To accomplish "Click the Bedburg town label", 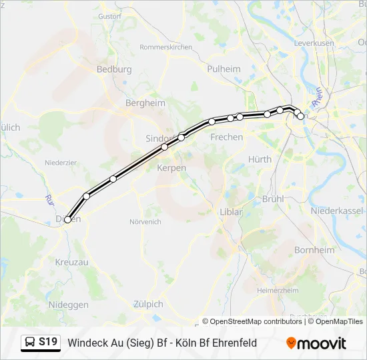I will tap(114, 69).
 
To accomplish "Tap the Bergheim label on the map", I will tap(145, 103).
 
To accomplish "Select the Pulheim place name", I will tap(224, 69).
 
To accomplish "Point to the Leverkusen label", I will tap(314, 43).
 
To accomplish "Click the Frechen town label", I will tap(226, 137).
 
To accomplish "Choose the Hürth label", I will tap(260, 159).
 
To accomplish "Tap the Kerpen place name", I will tap(171, 168).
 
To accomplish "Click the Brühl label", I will tap(274, 199).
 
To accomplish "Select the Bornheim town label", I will tap(314, 249).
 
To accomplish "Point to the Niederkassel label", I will tap(337, 210).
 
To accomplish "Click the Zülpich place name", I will tap(147, 304).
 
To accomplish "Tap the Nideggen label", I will tap(68, 305).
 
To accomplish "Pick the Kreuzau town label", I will tap(72, 263).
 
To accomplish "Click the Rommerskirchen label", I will tap(165, 47).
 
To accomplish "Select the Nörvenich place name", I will tap(145, 221).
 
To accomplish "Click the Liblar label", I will tap(231, 212).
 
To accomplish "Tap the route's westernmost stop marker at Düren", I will tap(68, 219).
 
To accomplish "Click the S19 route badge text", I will tap(48, 342).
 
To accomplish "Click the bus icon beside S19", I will tap(30, 343).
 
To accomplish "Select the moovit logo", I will tap(316, 343).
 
